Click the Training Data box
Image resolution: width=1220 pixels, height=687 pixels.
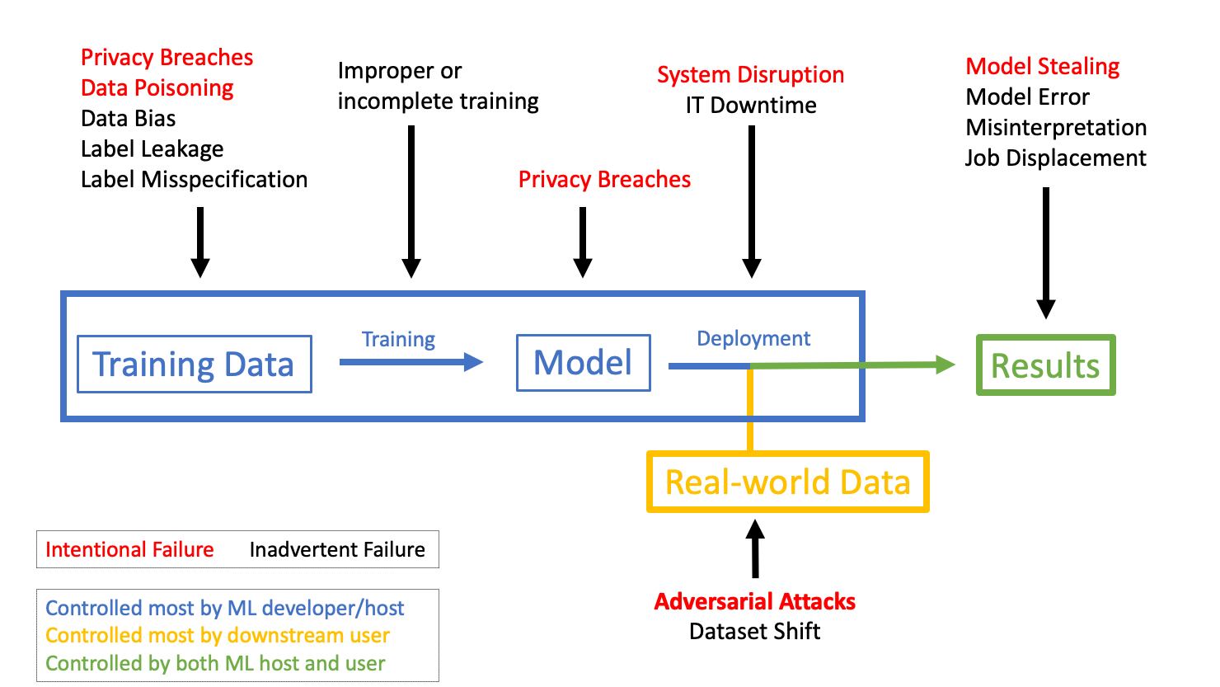(194, 364)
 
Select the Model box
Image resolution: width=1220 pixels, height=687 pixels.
(583, 362)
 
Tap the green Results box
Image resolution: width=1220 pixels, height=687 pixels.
(1045, 365)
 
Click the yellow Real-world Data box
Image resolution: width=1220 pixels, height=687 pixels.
(787, 482)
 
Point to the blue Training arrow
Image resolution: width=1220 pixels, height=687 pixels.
(411, 361)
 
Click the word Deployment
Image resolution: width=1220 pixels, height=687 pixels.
(753, 338)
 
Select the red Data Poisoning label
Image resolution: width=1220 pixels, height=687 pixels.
(157, 87)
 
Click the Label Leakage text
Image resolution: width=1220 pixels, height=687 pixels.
(152, 148)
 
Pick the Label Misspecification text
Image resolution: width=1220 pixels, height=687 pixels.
(194, 179)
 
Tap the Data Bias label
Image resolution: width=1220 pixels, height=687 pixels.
(128, 118)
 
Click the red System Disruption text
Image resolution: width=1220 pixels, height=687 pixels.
(750, 74)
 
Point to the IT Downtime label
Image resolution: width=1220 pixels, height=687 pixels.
(750, 105)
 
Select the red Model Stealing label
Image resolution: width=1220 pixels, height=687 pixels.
(1042, 66)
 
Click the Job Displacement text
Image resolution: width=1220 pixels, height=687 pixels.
(1055, 158)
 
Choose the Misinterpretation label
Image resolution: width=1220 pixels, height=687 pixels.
(1056, 127)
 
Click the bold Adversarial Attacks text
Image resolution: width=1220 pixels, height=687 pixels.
(754, 601)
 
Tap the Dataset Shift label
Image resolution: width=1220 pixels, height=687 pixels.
(754, 631)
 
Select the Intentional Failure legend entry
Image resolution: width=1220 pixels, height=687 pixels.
(129, 549)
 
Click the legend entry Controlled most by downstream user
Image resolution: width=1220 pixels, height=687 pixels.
(217, 635)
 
